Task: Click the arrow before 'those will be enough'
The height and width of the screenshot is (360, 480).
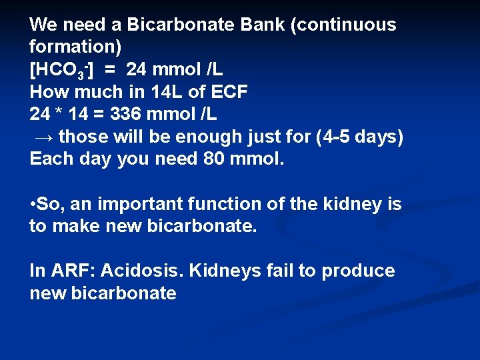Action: click(x=44, y=137)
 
